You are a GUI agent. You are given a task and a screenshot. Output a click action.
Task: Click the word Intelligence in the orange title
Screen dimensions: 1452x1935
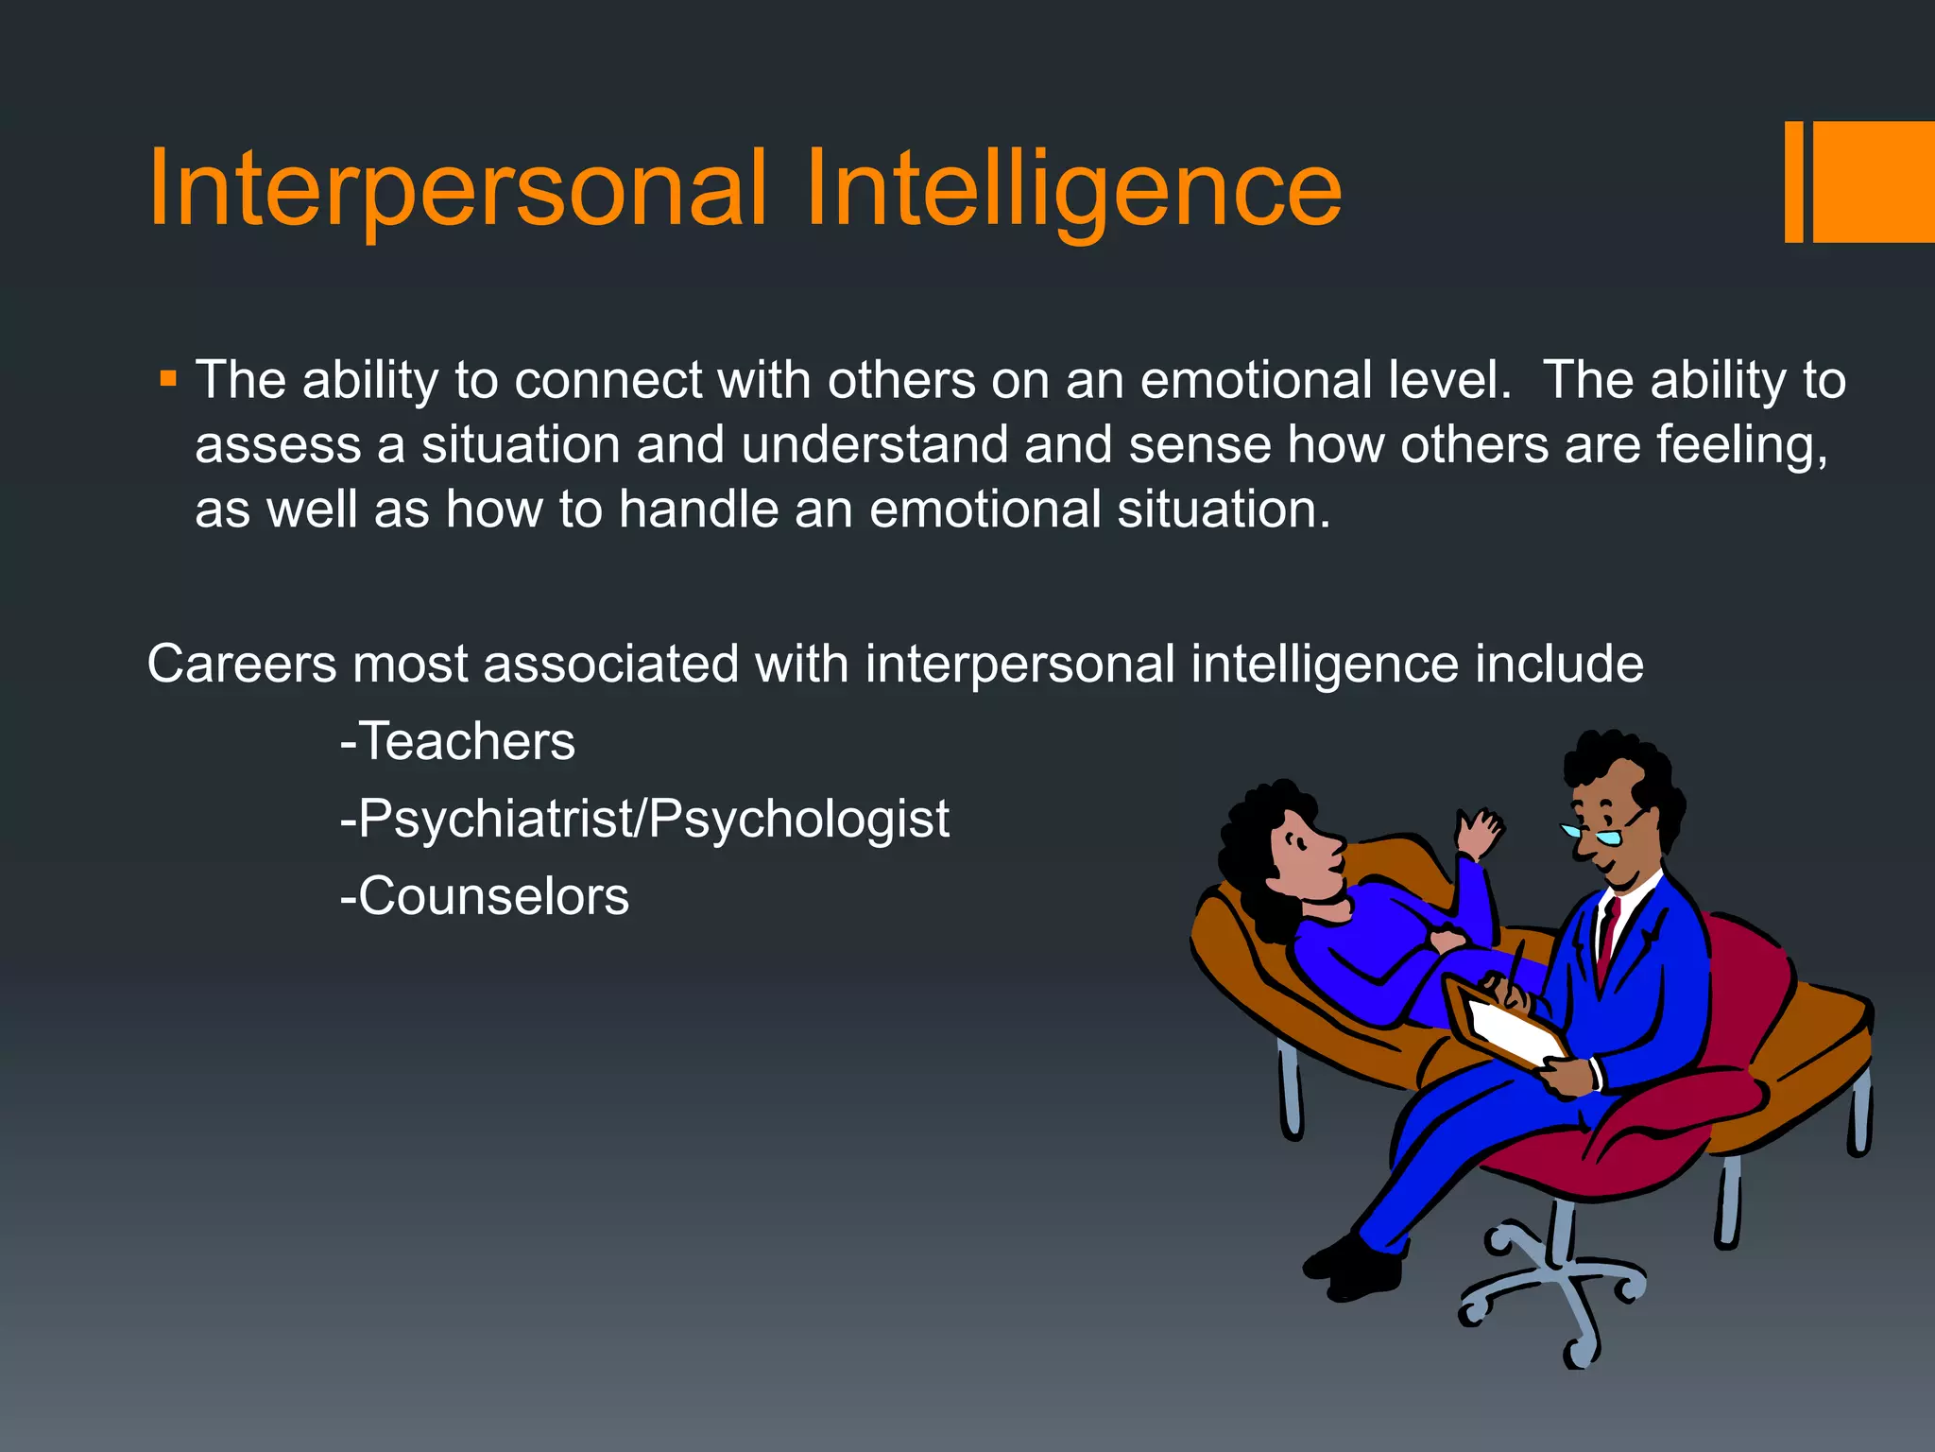[x=1073, y=189]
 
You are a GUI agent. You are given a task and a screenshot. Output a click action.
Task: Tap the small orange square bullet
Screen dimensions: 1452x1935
[x=168, y=380]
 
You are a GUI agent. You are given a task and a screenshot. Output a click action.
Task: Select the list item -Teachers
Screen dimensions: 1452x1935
[x=457, y=741]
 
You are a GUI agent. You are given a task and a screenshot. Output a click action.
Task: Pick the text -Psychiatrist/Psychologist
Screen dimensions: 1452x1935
[x=644, y=819]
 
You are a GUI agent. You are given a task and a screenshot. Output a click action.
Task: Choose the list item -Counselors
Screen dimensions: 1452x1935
[x=484, y=896]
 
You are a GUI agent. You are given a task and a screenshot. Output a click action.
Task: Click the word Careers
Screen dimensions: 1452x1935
[x=242, y=664]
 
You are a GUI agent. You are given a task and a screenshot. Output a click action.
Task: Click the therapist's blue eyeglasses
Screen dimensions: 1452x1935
[x=1597, y=835]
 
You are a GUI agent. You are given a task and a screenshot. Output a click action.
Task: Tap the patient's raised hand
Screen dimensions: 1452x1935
[x=1478, y=832]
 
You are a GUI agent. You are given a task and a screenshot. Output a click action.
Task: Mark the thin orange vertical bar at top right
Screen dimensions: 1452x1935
[x=1793, y=181]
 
